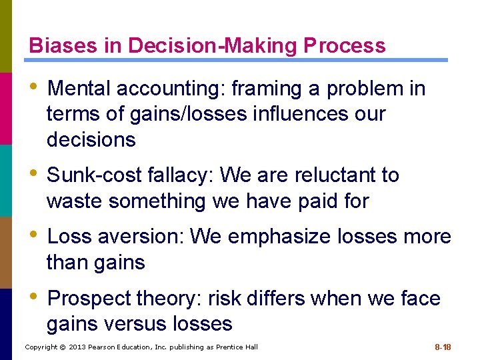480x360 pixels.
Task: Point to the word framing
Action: tap(239, 89)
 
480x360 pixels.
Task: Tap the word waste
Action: tap(75, 201)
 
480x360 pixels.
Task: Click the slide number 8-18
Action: tap(443, 347)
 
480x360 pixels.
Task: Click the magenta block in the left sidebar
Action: tap(6, 108)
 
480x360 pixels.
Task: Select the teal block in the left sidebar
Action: tap(6, 180)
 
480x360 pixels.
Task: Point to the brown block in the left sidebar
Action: tap(6, 252)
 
